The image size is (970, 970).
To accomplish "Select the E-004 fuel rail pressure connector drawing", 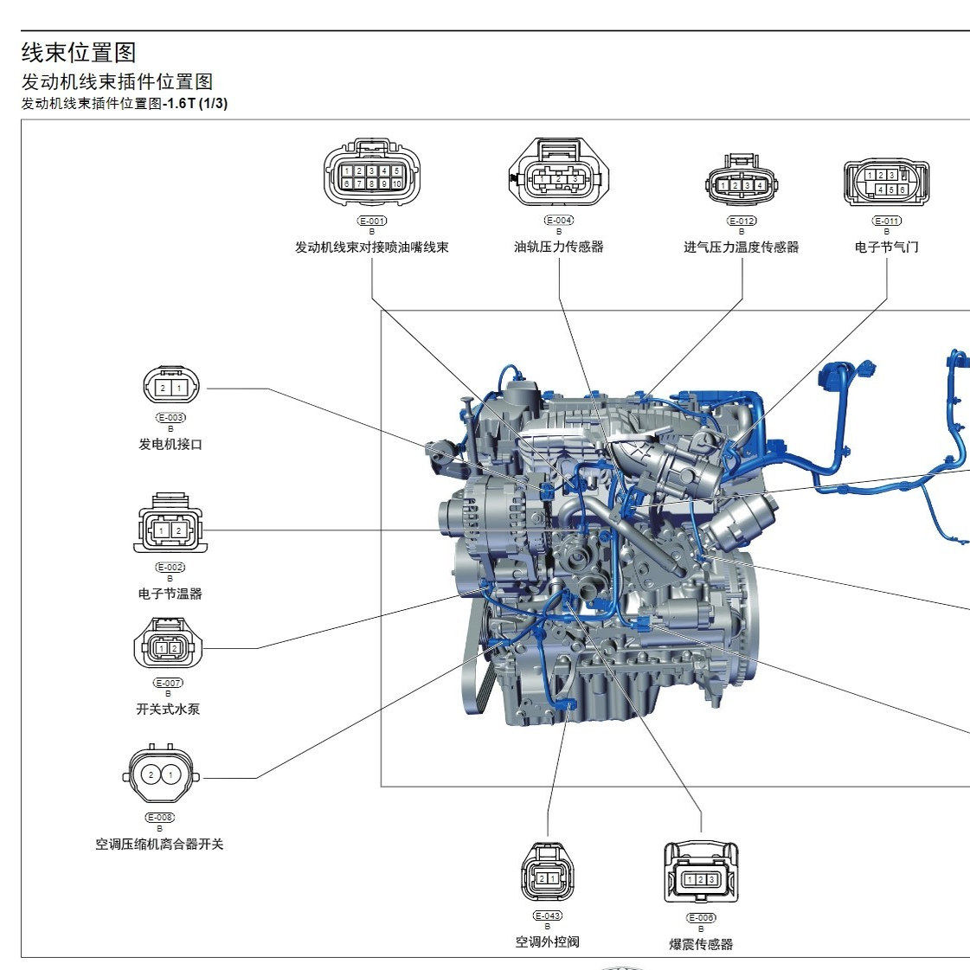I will point(558,175).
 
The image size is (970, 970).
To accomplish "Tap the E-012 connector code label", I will point(742,221).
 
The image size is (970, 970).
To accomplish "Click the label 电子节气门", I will point(886,247).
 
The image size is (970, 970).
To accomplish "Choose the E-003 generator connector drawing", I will point(170,388).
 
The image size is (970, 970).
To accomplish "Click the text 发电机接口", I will point(170,445).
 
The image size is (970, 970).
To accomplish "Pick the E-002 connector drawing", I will point(170,527).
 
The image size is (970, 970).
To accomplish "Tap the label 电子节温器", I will point(170,594).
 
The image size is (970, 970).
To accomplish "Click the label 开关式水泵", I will point(168,709).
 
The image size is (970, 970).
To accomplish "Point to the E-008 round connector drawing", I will point(160,774).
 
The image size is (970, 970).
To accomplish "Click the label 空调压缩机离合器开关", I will point(159,844).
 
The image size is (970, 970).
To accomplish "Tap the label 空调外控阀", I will point(547,941).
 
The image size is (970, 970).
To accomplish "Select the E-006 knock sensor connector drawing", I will point(701,875).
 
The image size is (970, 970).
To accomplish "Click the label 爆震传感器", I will point(701,944).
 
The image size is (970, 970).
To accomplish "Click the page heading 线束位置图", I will point(79,53).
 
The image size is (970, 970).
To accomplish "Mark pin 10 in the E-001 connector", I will point(396,183).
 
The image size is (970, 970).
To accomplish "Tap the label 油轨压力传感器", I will point(558,247).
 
